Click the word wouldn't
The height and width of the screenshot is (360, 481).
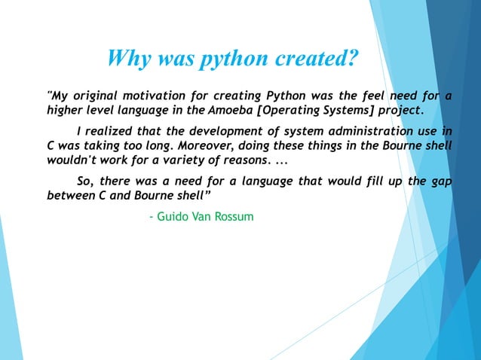[74, 160]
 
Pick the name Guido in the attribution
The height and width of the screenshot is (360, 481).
[171, 217]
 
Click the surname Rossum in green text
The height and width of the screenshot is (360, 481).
[234, 217]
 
